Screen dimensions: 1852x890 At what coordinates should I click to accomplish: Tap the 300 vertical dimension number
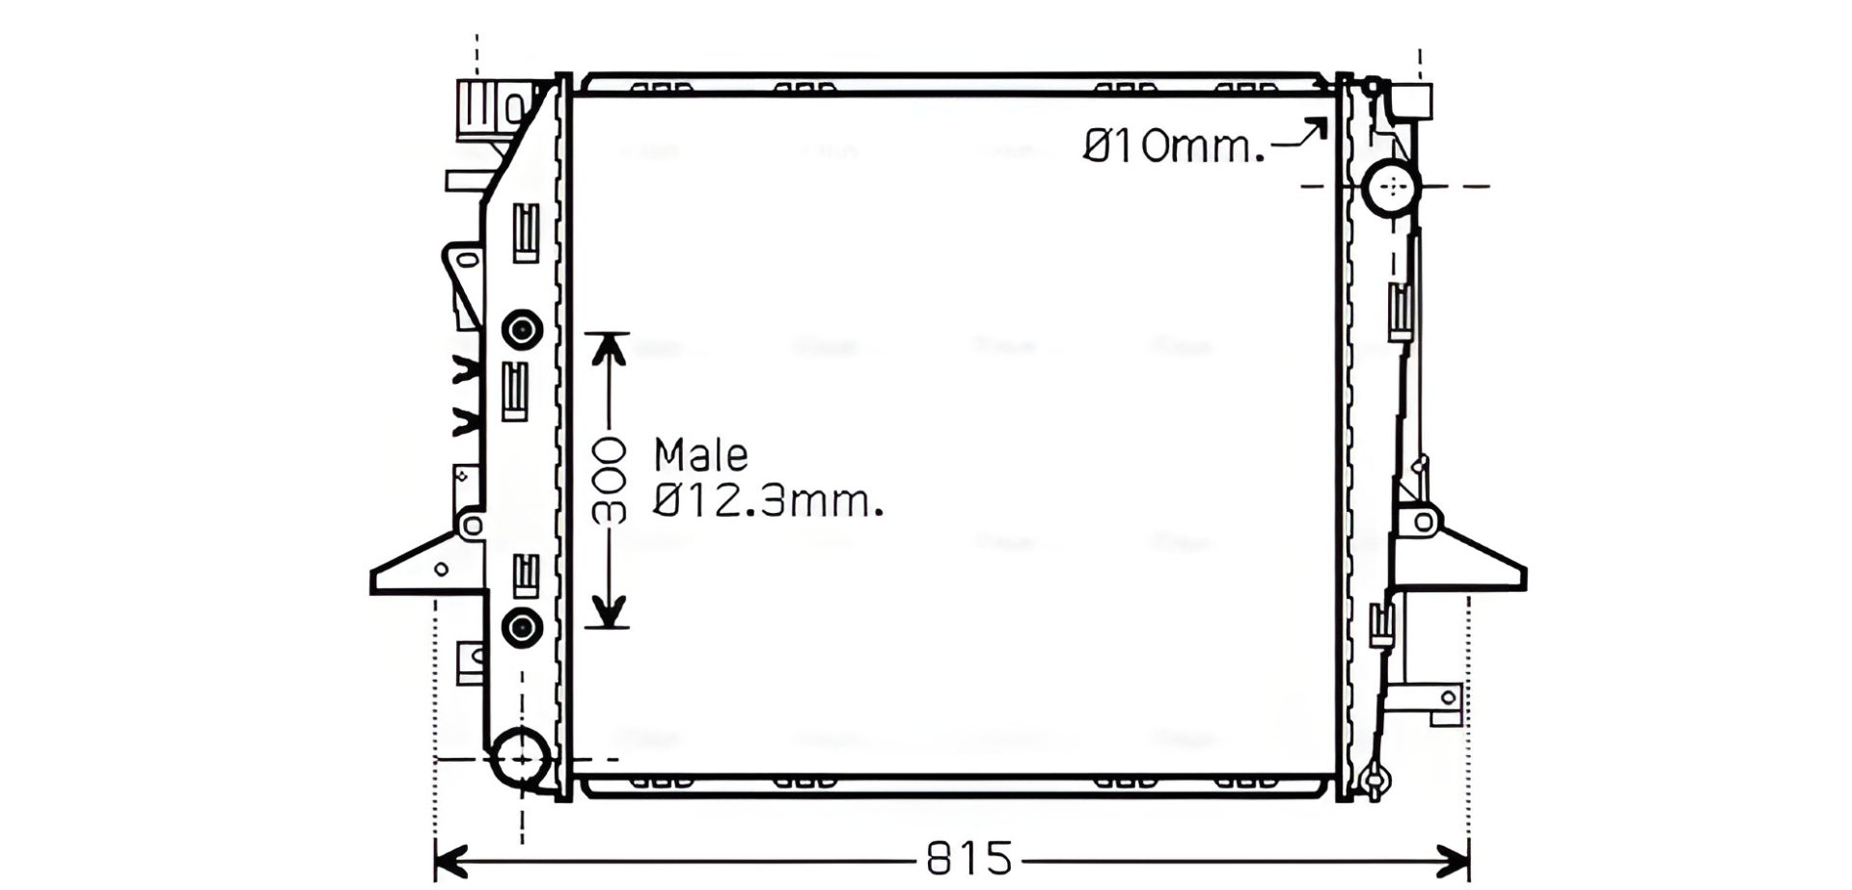pyautogui.click(x=609, y=480)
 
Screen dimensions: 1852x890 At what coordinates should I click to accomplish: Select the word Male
pyautogui.click(x=701, y=454)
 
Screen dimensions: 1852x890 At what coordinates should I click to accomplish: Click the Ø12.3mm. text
pyautogui.click(x=769, y=501)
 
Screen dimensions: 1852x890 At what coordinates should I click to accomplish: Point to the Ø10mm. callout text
pyautogui.click(x=1174, y=147)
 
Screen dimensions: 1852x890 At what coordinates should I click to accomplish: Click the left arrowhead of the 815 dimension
pyautogui.click(x=451, y=858)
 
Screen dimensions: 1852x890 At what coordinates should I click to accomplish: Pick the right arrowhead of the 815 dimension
pyautogui.click(x=1453, y=858)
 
